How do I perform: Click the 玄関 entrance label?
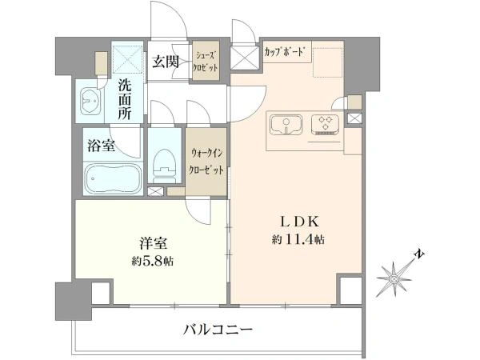tap(166, 62)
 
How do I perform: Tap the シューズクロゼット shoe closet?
tap(206, 61)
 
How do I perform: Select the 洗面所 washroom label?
tap(125, 100)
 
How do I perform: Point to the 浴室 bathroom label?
tap(101, 146)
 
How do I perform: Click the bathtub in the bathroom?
tap(113, 179)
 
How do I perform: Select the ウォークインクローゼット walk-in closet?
tap(206, 162)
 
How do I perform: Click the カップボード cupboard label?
tap(284, 52)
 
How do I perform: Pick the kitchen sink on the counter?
tap(286, 125)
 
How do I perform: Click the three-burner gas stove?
tap(325, 124)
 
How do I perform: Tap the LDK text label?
tap(300, 222)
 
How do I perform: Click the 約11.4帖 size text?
tap(298, 240)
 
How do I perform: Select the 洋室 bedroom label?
tap(154, 243)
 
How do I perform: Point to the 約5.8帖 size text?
tap(153, 261)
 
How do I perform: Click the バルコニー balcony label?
tap(218, 330)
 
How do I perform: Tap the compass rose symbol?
tap(394, 278)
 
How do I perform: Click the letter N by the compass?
tap(418, 254)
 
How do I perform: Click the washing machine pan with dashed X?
tap(128, 59)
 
